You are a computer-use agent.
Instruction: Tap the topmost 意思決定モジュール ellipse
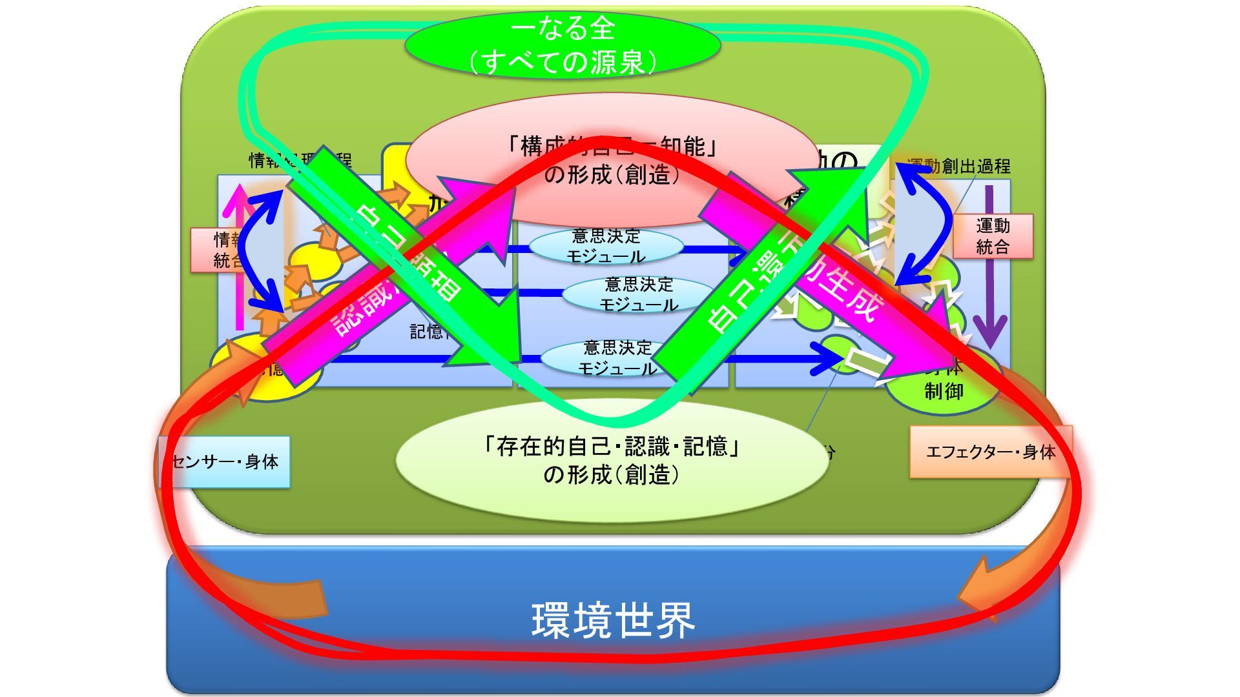click(x=606, y=247)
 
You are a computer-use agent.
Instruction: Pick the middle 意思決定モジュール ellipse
click(x=638, y=294)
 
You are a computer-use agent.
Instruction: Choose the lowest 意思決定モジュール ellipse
click(x=617, y=358)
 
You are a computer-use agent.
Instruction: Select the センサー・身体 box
click(x=225, y=462)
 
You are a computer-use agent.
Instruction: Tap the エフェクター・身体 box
click(x=990, y=452)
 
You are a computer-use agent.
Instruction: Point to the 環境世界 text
click(x=612, y=620)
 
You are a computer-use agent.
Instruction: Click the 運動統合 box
click(x=993, y=236)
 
